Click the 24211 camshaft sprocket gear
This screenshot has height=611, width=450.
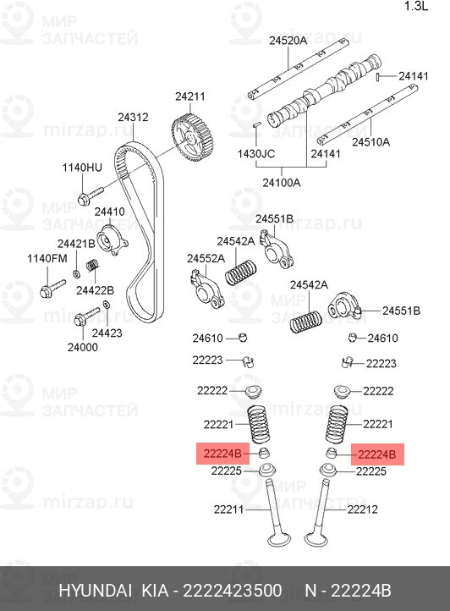pos(192,138)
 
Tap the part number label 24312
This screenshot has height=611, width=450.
pos(134,117)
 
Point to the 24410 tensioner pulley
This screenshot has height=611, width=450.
pos(112,240)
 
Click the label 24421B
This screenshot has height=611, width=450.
pos(76,244)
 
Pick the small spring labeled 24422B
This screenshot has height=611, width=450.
pos(92,265)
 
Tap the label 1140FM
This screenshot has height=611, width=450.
pos(47,258)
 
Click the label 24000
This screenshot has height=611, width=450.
pos(83,347)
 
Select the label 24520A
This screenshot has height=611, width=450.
pos(288,41)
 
